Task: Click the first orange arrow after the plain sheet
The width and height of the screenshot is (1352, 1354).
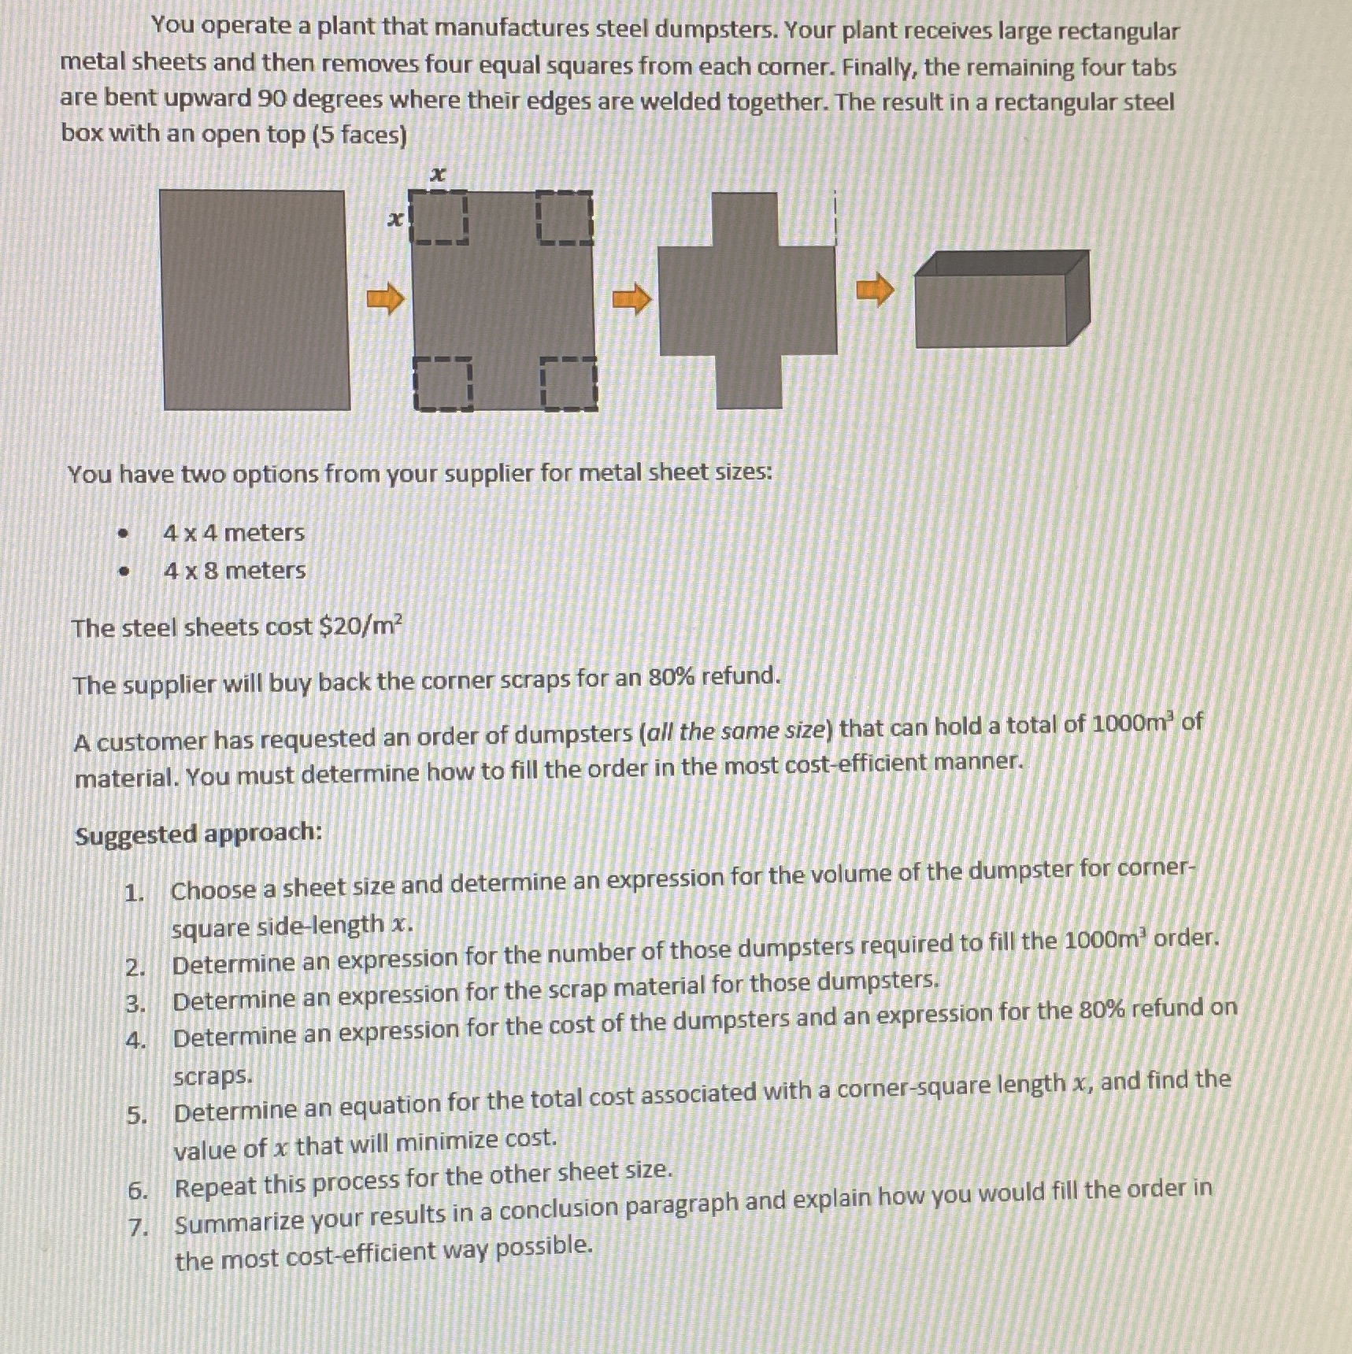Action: click(385, 299)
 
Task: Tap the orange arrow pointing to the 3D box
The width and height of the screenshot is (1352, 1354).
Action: click(875, 290)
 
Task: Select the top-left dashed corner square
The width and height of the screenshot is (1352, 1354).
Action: click(439, 218)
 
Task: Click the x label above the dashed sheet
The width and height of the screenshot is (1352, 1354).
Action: click(438, 174)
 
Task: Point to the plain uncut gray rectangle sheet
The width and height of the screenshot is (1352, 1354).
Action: click(254, 299)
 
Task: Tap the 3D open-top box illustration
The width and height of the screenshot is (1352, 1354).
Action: click(1002, 299)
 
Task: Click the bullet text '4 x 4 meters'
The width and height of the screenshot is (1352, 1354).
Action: click(234, 533)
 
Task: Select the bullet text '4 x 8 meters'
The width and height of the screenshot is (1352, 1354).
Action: click(235, 570)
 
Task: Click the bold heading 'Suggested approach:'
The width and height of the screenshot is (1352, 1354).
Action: click(198, 834)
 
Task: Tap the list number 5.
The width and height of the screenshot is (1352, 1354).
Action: click(137, 1115)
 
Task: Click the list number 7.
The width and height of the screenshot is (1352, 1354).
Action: click(139, 1226)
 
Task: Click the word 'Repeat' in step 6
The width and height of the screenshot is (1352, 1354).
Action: click(216, 1186)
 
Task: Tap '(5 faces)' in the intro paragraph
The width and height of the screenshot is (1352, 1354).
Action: click(360, 135)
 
